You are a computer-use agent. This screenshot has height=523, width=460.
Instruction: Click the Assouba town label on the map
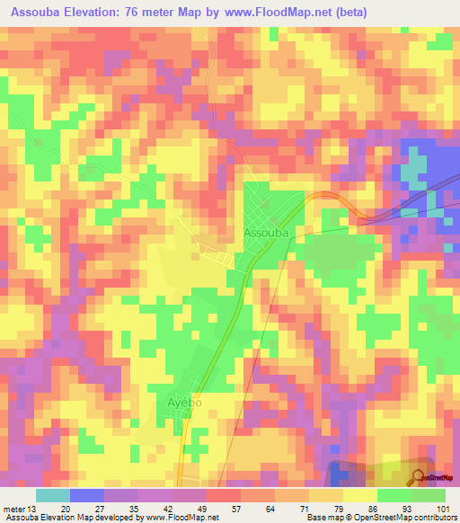tap(266, 232)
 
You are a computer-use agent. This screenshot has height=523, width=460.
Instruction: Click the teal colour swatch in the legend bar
tap(52, 495)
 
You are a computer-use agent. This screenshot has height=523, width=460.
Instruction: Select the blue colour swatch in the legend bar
tap(87, 495)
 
